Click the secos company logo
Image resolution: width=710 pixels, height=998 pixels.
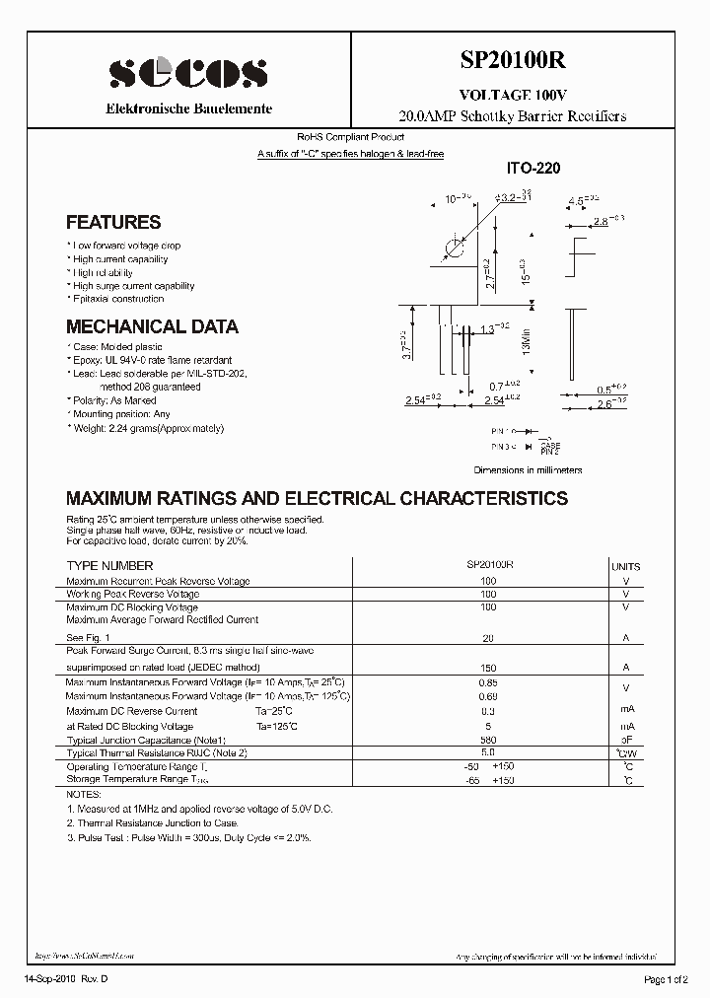188,73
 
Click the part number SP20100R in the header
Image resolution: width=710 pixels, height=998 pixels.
512,60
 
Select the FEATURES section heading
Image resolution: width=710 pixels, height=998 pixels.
113,223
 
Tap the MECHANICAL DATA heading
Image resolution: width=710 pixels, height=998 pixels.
152,326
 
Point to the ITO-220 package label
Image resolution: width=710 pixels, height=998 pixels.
532,169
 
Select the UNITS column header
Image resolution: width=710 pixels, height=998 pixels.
625,567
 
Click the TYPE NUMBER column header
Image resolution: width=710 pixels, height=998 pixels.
109,566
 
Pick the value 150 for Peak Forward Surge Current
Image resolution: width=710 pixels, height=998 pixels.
487,668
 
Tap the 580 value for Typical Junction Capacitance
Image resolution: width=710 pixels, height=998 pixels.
487,740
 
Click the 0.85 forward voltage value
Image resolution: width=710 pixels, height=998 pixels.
487,682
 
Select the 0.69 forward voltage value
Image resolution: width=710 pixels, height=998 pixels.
487,696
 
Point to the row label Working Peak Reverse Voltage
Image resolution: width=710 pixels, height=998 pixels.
132,595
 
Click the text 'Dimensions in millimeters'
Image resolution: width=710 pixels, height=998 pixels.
528,470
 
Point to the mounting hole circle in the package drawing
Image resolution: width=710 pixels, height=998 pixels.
453,247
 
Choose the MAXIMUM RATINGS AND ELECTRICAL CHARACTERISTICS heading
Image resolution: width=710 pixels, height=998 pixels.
317,498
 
